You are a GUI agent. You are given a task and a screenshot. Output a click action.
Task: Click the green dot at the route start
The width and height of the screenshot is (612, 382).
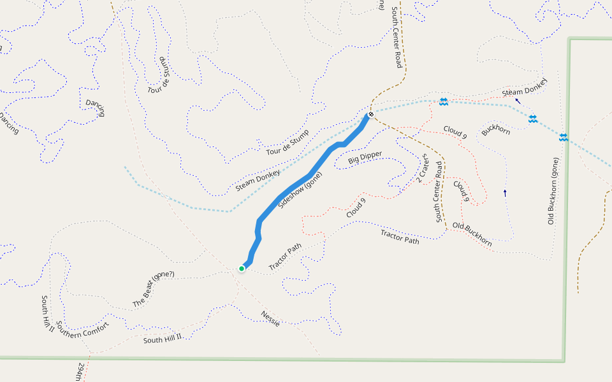242,269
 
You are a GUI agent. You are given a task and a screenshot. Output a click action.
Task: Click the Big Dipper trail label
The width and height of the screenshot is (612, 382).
365,159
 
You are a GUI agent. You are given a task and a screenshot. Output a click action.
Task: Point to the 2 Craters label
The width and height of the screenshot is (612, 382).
421,169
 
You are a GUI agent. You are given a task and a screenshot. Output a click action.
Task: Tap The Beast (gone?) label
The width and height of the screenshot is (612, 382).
153,290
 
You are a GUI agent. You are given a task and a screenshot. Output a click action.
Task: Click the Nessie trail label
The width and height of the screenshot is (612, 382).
270,318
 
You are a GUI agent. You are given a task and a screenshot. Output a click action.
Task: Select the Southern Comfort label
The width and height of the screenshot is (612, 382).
82,330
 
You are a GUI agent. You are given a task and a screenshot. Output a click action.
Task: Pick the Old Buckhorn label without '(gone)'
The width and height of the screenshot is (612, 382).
472,235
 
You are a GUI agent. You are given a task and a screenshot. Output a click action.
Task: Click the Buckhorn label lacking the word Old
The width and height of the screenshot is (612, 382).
496,130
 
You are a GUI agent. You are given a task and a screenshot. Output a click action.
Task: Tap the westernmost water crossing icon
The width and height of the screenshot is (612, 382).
443,102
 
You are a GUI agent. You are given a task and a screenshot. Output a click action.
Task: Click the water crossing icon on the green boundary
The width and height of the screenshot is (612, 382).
564,137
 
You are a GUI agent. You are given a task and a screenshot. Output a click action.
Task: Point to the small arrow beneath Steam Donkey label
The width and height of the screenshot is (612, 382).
518,101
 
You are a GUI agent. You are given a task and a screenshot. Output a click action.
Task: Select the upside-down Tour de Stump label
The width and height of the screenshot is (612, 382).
160,75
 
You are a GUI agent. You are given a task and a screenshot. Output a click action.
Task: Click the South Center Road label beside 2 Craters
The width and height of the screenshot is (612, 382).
439,191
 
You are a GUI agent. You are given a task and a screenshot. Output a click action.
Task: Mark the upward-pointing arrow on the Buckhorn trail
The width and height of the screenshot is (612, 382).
505,192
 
